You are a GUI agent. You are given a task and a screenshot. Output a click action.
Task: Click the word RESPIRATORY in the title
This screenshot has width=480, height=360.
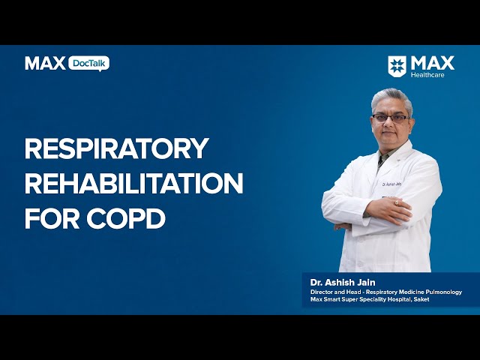[117, 148]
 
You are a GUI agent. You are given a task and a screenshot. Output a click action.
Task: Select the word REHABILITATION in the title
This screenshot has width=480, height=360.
[133, 183]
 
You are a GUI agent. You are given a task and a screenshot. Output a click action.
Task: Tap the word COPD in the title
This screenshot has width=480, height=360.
[126, 218]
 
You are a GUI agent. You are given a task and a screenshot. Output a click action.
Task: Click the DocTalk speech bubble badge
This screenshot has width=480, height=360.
[88, 64]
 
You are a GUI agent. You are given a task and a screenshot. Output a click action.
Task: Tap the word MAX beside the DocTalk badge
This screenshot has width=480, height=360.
[45, 63]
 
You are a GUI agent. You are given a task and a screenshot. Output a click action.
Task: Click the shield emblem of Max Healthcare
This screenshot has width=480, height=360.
[397, 66]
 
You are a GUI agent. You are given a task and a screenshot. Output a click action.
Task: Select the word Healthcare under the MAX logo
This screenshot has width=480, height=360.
[427, 75]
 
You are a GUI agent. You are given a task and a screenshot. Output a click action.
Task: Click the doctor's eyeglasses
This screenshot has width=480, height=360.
[391, 118]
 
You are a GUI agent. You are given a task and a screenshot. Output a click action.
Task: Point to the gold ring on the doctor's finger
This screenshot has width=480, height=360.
[397, 202]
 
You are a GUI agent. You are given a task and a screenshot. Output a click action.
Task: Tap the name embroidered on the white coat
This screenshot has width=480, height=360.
[391, 184]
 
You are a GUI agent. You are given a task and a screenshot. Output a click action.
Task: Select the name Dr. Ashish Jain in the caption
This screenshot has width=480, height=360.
[343, 282]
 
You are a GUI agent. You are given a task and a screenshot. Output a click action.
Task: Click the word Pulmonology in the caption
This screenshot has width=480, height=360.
[443, 292]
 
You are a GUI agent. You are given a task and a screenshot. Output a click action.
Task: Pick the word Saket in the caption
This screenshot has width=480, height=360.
[421, 299]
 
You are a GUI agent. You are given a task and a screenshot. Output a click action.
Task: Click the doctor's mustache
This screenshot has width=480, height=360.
[388, 130]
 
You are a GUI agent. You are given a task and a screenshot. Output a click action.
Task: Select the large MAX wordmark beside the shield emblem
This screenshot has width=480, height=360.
[433, 63]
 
